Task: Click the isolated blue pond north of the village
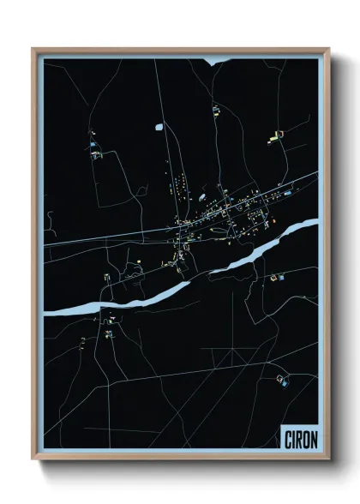(159, 127)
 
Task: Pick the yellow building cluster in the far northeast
(276, 135)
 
